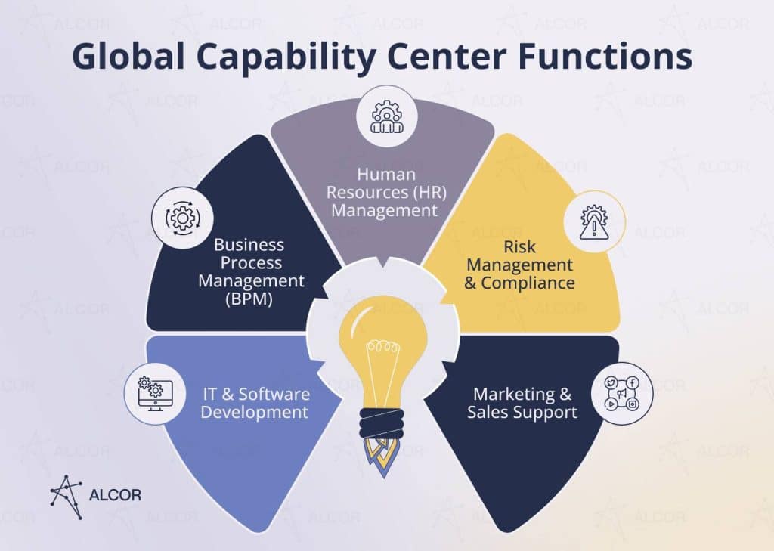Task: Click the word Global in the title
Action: (x=128, y=56)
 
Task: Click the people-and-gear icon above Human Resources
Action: (x=386, y=117)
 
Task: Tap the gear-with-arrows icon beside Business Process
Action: (x=183, y=218)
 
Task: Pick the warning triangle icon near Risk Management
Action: (x=594, y=222)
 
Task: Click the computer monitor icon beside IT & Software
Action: (x=155, y=394)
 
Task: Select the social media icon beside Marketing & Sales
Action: (x=622, y=394)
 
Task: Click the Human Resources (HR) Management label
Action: (x=386, y=192)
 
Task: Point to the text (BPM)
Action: (x=249, y=299)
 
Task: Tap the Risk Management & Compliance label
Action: (x=520, y=265)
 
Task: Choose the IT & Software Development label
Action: (x=255, y=403)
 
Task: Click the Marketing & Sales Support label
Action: (x=522, y=403)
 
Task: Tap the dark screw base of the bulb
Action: (x=381, y=423)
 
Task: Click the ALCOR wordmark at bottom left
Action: (x=115, y=495)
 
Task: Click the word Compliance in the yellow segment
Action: (x=528, y=283)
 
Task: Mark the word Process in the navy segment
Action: (x=251, y=263)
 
